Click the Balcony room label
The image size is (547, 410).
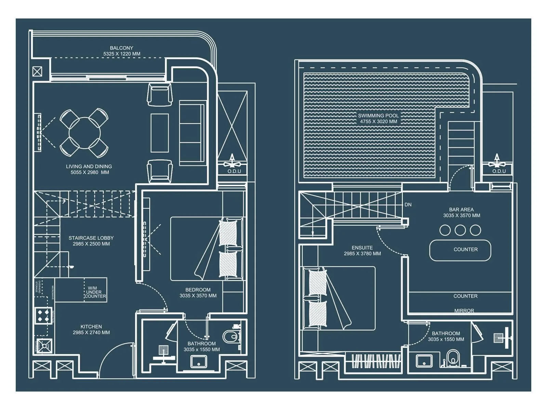(x=121, y=51)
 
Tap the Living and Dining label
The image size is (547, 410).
(x=89, y=169)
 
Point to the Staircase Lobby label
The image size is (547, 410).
(x=91, y=241)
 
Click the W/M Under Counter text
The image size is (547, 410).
(x=95, y=292)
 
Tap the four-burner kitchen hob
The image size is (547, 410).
(x=43, y=316)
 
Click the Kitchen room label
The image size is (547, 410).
(x=91, y=329)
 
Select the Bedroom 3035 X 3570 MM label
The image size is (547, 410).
(x=198, y=292)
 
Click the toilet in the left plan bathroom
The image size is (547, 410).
(x=230, y=337)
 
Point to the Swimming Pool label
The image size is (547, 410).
(x=378, y=118)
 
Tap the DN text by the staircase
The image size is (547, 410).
(x=408, y=205)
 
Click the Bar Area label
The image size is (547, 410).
(x=462, y=212)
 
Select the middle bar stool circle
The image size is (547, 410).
(x=460, y=230)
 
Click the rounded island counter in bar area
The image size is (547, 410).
(x=460, y=250)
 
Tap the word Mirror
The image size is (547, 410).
(x=464, y=311)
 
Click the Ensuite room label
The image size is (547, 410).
(x=362, y=250)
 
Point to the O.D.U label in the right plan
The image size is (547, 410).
(x=499, y=171)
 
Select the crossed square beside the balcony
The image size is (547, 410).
(x=37, y=71)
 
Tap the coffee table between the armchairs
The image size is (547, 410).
(x=160, y=133)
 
